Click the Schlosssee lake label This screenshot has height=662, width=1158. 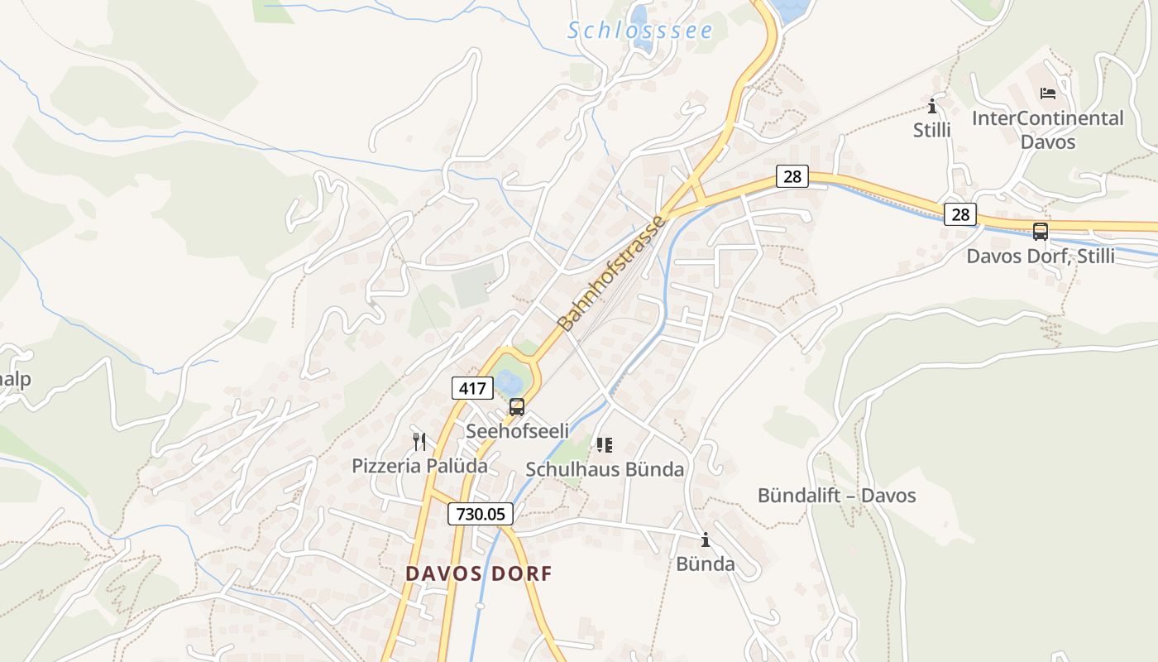tap(639, 31)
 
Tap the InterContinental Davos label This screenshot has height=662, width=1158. tap(1047, 130)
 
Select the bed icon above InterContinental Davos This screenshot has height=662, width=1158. tap(1048, 94)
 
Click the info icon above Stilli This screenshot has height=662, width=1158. tap(932, 107)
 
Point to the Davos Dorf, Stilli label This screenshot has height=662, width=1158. tap(1041, 257)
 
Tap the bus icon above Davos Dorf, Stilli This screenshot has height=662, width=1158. tap(1041, 232)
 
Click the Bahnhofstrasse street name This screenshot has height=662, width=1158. tap(611, 273)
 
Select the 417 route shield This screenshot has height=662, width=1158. tap(472, 387)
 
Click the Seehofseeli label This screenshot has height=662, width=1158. tap(518, 431)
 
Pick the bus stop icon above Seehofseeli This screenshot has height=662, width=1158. tap(517, 407)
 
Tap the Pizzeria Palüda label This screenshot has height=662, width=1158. tap(419, 466)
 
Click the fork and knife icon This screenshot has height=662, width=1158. tap(419, 442)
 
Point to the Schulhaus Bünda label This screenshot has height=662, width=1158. tap(605, 470)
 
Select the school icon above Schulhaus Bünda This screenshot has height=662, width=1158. tap(605, 446)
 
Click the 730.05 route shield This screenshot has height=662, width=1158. tap(481, 514)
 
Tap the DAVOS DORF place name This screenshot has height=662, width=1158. tap(478, 573)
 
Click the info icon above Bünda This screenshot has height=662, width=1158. tap(706, 540)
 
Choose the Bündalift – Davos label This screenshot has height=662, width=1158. tap(836, 496)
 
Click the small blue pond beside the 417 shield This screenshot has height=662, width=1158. tap(510, 381)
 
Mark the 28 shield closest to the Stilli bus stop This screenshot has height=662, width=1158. tap(959, 215)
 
